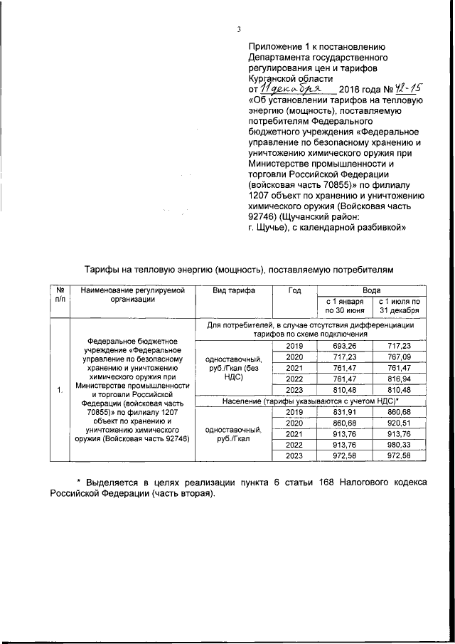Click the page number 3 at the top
pos(240,29)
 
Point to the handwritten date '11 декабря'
pos(292,89)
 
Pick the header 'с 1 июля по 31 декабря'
pos(399,307)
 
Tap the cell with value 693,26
pos(343,345)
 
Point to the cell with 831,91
pos(343,413)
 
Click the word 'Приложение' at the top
pos(273,43)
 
